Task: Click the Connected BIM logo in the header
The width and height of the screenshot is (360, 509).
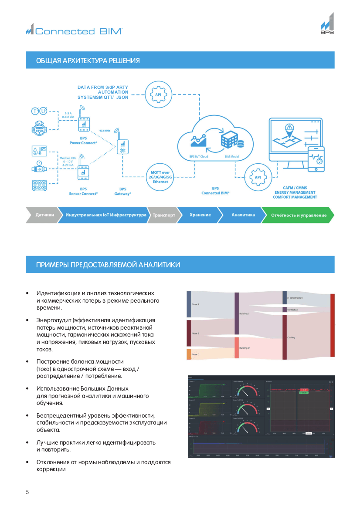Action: pos(74,31)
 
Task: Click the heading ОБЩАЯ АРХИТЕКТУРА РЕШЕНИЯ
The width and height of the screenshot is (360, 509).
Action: pos(88,61)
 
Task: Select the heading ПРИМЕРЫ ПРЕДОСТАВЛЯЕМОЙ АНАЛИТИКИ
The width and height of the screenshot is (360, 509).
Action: pos(108,265)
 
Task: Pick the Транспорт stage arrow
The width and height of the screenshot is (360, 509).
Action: pos(164,215)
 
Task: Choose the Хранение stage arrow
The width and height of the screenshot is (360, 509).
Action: pos(200,215)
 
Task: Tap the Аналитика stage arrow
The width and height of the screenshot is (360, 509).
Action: pos(243,215)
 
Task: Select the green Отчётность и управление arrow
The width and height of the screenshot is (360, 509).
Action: pos(299,215)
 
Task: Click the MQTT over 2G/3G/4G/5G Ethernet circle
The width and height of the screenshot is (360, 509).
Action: pos(160,177)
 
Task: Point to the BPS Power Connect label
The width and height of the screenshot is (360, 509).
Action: pos(83,141)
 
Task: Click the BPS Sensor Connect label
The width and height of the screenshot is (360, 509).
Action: pos(83,191)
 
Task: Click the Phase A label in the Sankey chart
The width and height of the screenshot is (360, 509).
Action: pos(195,304)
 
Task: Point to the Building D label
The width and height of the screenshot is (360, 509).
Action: pos(245,348)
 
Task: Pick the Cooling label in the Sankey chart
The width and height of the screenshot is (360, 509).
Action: pos(291,337)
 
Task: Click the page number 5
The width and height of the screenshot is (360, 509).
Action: pos(27,492)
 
